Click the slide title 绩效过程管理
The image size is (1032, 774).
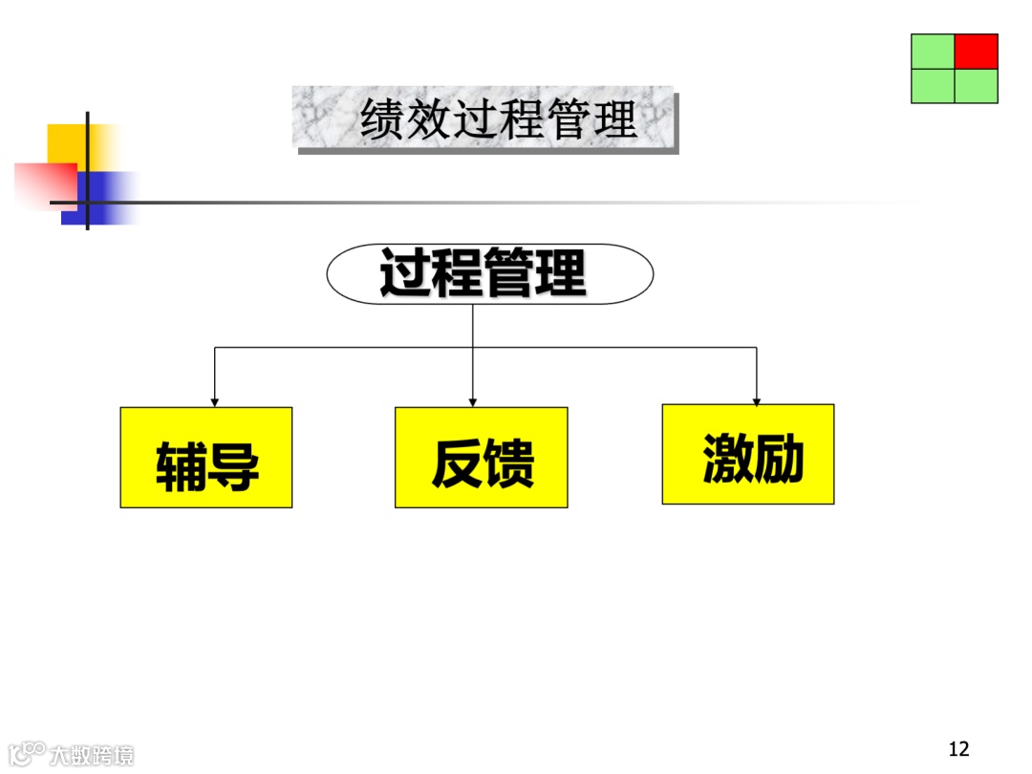tap(498, 120)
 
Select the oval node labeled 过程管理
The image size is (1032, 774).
tap(489, 274)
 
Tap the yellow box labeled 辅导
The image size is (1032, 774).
tap(205, 458)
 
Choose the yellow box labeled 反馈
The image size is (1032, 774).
tap(481, 458)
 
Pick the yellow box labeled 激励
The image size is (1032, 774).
tap(747, 454)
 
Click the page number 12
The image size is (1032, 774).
tap(958, 748)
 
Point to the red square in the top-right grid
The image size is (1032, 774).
tap(976, 52)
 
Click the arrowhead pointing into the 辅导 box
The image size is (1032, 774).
tap(215, 401)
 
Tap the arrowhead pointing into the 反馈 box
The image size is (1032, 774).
tap(473, 401)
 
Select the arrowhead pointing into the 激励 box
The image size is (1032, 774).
tap(757, 399)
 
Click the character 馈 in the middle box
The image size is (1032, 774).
tap(508, 464)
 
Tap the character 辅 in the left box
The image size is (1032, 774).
tap(181, 466)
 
